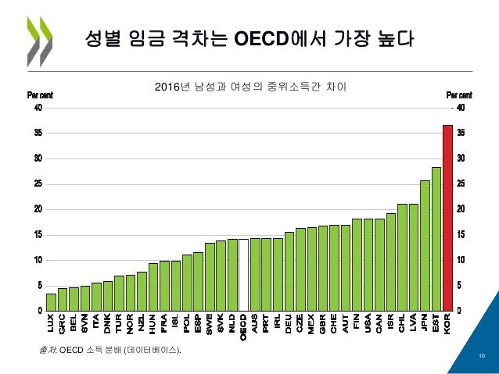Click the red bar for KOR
(447, 218)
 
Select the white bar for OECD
(243, 275)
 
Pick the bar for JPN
(425, 245)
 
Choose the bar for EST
(436, 239)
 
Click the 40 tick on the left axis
(37, 109)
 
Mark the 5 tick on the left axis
(39, 286)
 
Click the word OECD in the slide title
(264, 38)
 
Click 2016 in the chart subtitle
(170, 87)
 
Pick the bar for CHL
(402, 257)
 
